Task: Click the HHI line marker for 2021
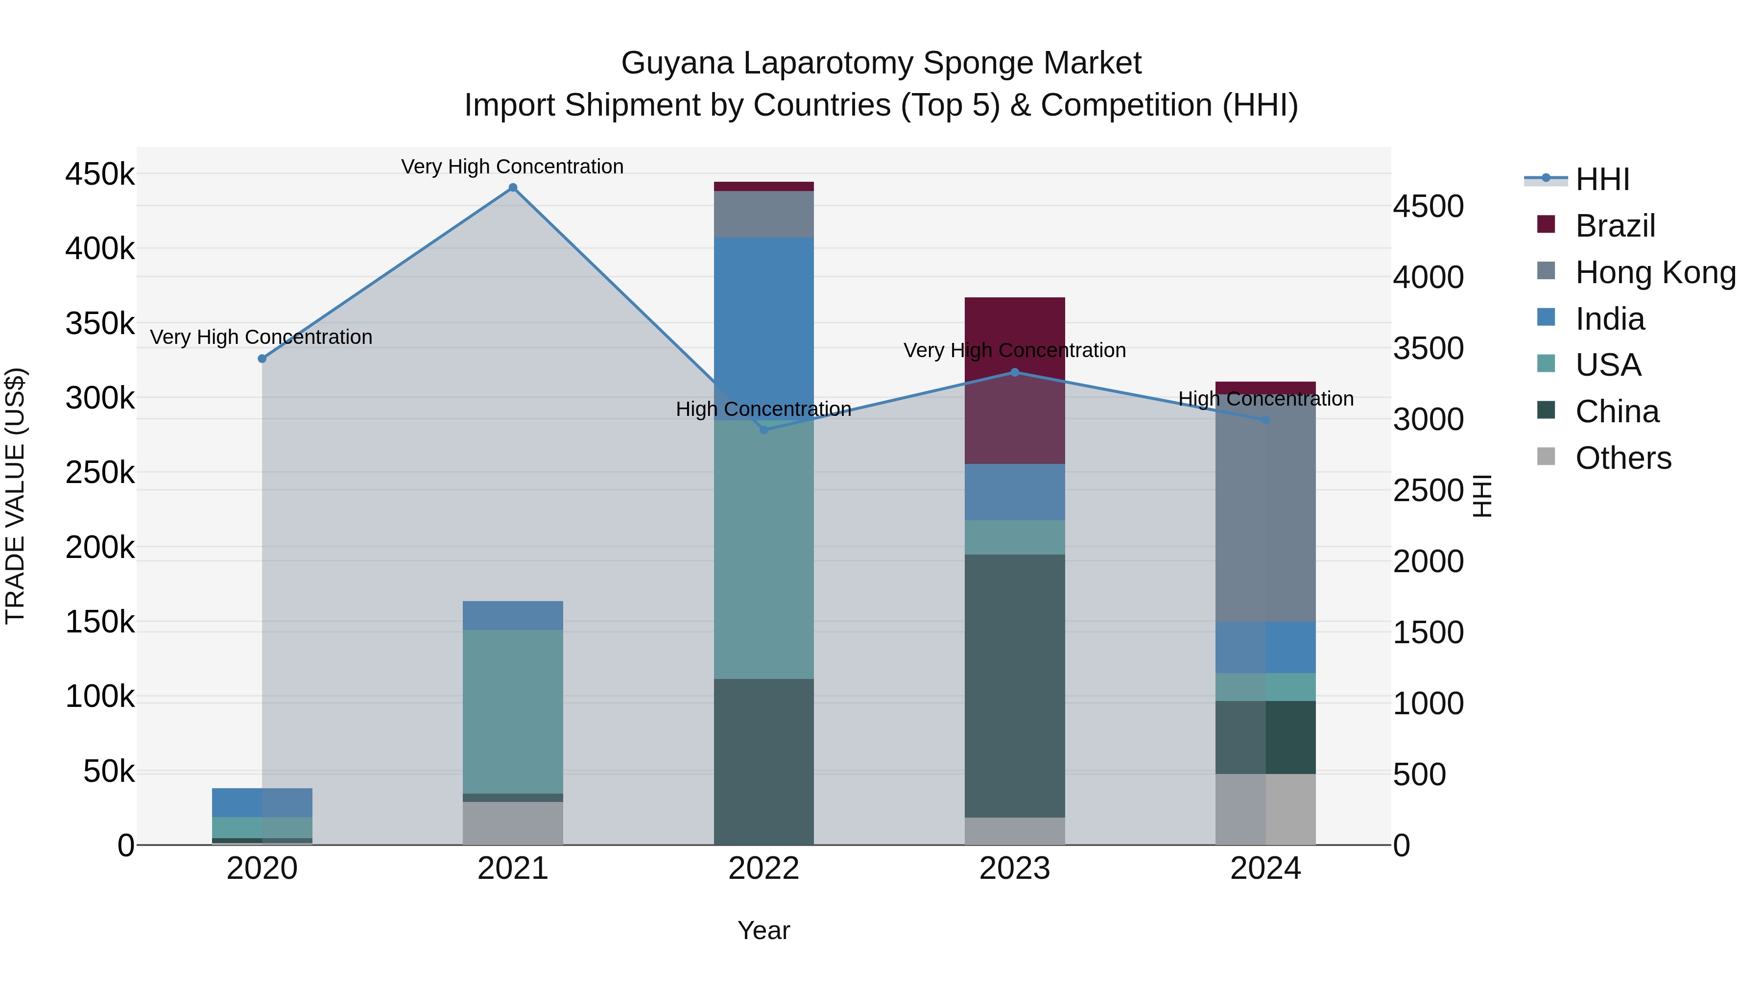(513, 188)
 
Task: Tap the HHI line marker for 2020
(262, 359)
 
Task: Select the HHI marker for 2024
(1265, 420)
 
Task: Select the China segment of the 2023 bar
(1015, 685)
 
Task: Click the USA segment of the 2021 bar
(513, 712)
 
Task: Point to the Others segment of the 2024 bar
(1265, 809)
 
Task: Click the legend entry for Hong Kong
(1655, 272)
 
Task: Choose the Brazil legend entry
(1615, 226)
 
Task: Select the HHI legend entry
(1601, 179)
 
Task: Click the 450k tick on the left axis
(100, 174)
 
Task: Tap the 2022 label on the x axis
(764, 869)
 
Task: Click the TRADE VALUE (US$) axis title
(15, 496)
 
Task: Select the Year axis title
(764, 930)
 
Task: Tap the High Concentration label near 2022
(764, 410)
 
